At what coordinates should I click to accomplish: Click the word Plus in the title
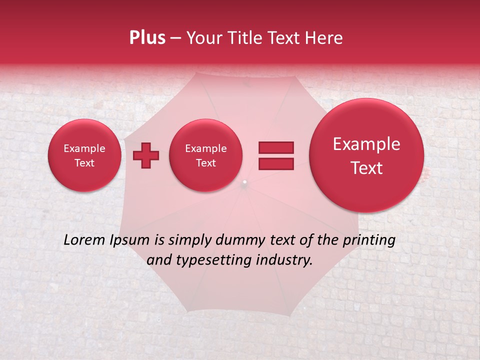point(147,38)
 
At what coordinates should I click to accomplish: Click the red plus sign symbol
point(145,155)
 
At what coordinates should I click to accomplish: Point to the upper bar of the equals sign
point(276,147)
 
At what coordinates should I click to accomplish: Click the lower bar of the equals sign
point(276,163)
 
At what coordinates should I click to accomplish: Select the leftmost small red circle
point(84,155)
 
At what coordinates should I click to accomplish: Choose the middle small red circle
point(206,155)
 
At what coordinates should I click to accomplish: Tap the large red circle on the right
point(366,155)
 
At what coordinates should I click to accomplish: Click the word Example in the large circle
point(366,144)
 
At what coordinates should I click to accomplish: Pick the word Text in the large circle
point(366,168)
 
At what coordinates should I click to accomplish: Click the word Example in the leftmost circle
point(84,148)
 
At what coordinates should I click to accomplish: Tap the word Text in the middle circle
point(206,163)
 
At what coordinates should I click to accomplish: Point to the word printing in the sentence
point(368,240)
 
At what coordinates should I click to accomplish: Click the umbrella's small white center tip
point(244,182)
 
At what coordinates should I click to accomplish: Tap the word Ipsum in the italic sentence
point(129,240)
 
